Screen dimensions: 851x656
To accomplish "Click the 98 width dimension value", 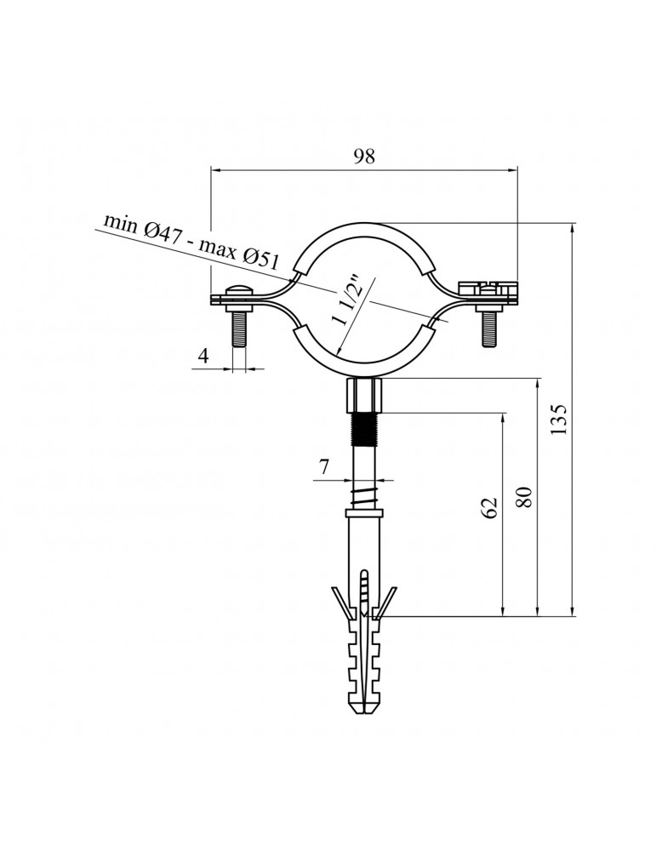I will pos(364,156).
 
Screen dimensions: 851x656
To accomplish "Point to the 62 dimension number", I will pos(488,508).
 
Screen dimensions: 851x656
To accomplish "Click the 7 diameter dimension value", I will pos(323,466).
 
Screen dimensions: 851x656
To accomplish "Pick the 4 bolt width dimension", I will pos(203,356).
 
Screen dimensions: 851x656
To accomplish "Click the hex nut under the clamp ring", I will pos(364,396).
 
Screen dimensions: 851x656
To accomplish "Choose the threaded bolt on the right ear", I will pos(488,327).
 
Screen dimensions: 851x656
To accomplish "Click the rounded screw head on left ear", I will pos(240,289).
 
